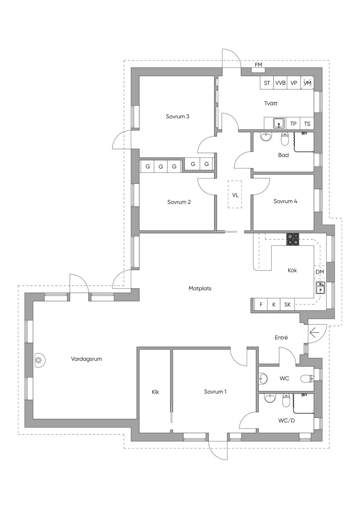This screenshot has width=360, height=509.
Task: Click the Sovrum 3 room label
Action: [177, 117]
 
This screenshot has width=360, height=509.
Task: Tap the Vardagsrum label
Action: [86, 359]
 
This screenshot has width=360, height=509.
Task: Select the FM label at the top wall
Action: [258, 65]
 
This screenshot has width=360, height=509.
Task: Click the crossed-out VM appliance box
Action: [307, 83]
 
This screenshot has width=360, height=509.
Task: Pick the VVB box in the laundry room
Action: [280, 83]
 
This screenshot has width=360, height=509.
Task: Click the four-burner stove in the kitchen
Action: [293, 239]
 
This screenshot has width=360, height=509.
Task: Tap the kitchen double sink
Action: [320, 288]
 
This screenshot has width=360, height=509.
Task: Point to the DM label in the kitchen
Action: [320, 272]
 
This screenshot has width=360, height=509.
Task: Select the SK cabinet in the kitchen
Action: [287, 304]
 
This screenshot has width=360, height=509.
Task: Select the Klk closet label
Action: [155, 392]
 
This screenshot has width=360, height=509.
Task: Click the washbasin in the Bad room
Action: [266, 137]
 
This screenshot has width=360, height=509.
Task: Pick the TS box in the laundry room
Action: [307, 124]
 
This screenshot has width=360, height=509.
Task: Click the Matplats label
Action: [200, 289]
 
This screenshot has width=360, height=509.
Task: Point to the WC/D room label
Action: [287, 421]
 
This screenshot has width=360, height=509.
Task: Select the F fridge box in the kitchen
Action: [261, 304]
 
